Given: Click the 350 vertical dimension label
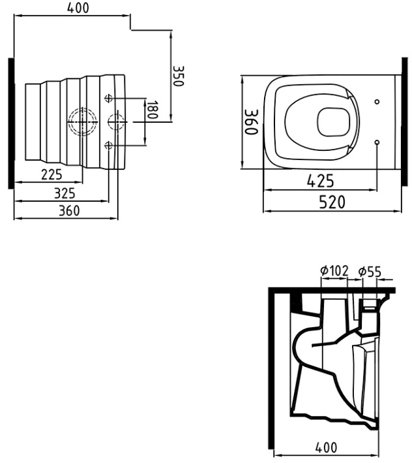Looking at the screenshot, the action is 178,76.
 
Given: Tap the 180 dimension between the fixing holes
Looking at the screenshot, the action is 152,110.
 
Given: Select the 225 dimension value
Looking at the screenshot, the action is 51,174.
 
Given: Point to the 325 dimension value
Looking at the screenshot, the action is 65,193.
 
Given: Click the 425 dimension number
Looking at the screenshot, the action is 320,181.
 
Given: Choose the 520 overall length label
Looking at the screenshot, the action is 332,202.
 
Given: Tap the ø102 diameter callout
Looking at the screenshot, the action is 334,271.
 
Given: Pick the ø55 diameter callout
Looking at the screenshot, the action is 370,272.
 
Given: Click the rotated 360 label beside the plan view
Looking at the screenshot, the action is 252,122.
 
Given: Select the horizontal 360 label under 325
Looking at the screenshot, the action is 69,211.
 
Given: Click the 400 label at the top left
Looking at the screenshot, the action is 78,8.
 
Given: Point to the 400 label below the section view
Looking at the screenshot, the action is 326,447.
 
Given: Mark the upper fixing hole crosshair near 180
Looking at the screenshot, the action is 109,99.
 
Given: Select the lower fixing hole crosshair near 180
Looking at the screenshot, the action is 109,145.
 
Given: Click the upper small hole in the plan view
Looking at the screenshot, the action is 377,102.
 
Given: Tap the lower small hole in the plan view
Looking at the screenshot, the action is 377,142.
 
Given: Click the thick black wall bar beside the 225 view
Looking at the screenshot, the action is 11,123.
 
